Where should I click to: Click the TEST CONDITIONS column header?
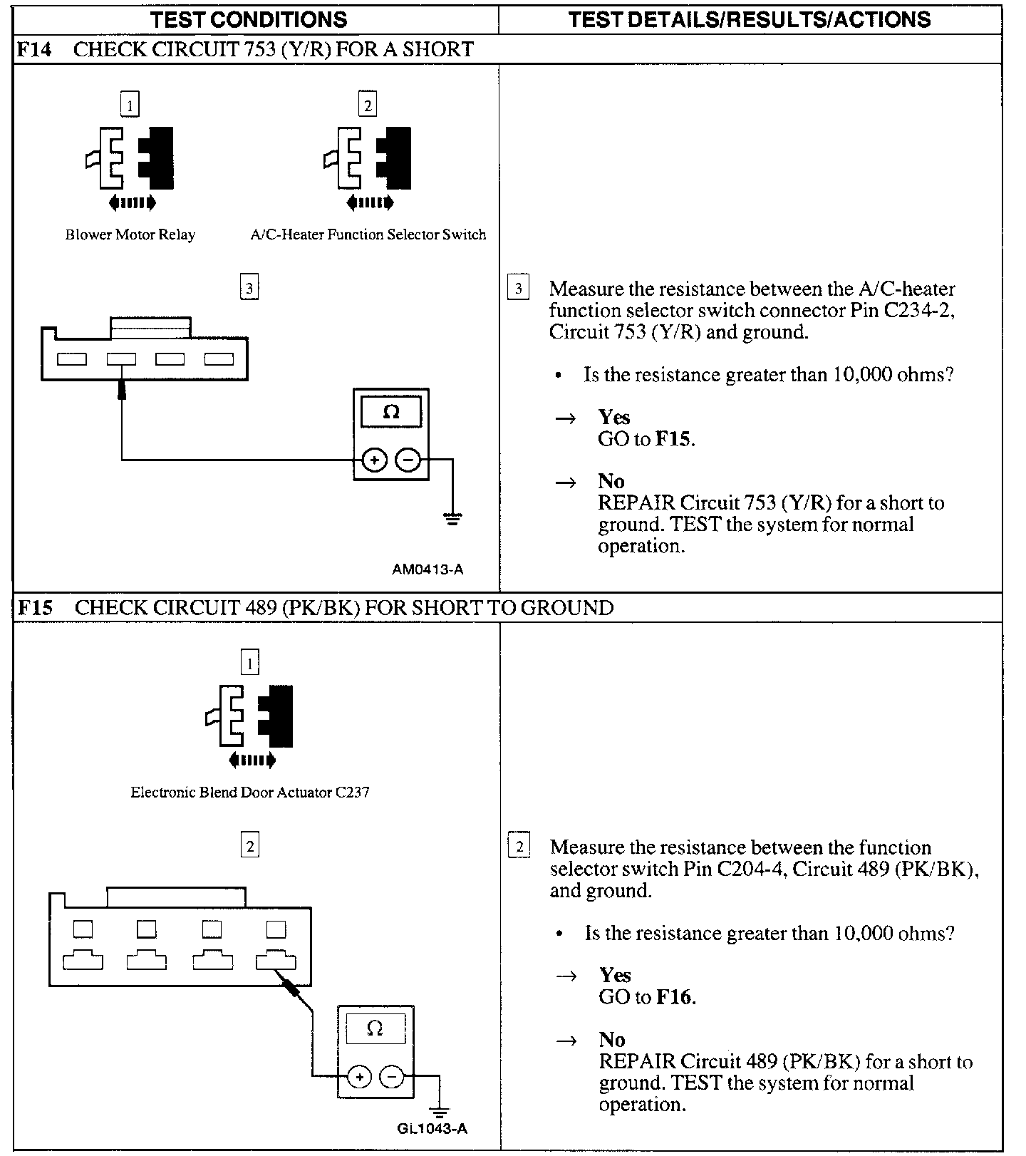coord(249,19)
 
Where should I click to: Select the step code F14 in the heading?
coord(34,49)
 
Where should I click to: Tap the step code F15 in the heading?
coord(34,608)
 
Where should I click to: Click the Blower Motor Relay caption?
coord(130,234)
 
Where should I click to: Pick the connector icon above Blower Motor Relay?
coord(130,158)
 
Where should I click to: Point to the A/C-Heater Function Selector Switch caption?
coord(368,234)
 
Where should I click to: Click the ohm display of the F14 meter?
coord(391,412)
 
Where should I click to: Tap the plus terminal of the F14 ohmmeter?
coord(375,460)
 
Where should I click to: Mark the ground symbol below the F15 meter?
coord(440,1112)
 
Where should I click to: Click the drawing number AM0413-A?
coord(427,569)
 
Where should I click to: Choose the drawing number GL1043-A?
coord(432,1128)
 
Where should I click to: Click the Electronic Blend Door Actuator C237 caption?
coord(250,793)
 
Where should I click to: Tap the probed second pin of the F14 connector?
coord(122,359)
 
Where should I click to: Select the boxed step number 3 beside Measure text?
coord(518,289)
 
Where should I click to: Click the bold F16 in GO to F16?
coord(674,997)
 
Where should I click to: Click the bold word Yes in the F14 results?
coord(614,417)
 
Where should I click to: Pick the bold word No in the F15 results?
coord(612,1040)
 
